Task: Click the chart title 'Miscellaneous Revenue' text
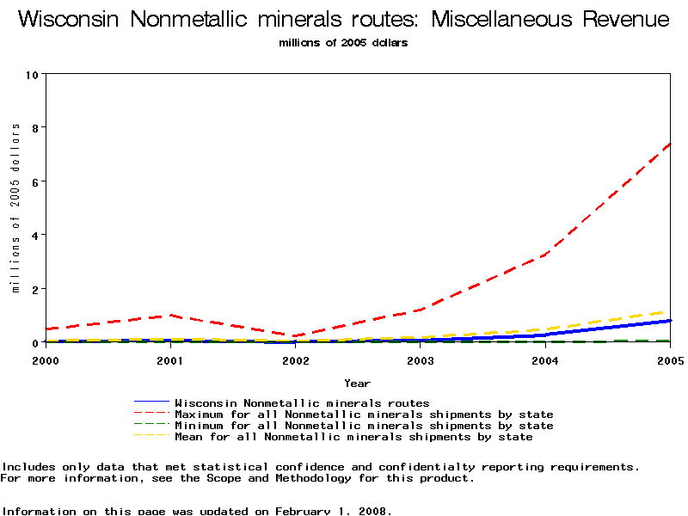[x=550, y=20]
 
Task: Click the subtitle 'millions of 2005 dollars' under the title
[x=343, y=42]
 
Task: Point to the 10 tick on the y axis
[x=34, y=74]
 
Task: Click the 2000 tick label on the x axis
[x=46, y=360]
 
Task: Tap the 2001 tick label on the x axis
[x=170, y=360]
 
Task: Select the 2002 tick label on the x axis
[x=295, y=360]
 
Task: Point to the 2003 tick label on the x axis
[x=420, y=360]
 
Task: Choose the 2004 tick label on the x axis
[x=544, y=360]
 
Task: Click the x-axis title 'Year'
[x=357, y=383]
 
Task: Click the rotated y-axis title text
[x=15, y=207]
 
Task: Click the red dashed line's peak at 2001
[x=170, y=315]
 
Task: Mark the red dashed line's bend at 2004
[x=544, y=255]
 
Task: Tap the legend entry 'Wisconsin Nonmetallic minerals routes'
[x=301, y=402]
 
